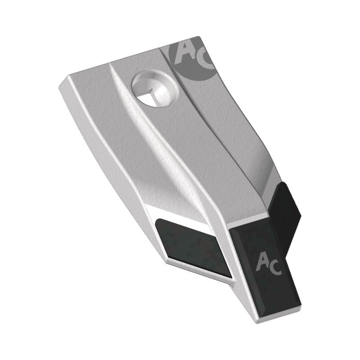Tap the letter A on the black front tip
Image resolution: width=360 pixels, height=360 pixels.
262,261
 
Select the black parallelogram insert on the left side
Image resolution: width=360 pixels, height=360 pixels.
193,247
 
